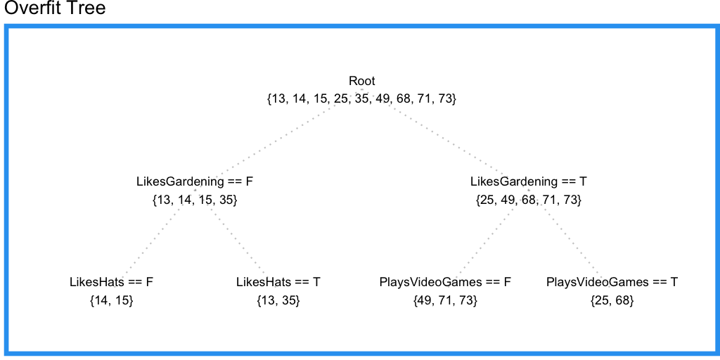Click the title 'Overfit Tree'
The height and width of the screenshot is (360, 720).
coord(55,9)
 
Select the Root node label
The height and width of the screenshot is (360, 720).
coord(361,81)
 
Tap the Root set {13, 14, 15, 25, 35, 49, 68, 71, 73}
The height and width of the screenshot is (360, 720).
coord(361,99)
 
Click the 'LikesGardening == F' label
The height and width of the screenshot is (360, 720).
coord(194,181)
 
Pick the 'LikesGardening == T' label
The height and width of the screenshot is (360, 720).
coord(529,181)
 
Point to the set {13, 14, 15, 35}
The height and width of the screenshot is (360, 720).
coord(194,200)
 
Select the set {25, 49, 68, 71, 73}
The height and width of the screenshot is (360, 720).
coord(529,200)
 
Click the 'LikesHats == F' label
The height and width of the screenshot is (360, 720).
coord(111,282)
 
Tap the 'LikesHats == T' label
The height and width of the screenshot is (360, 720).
coord(278,282)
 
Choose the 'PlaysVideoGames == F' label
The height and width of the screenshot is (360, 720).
coord(445,282)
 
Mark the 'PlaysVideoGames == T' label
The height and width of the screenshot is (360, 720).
coord(612,282)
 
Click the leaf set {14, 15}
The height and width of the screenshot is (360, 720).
coord(111,301)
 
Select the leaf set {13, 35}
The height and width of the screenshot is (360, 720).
coord(278,301)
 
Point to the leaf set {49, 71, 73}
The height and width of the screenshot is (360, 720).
coord(445,301)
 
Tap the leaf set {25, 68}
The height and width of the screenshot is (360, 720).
coord(612,301)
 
